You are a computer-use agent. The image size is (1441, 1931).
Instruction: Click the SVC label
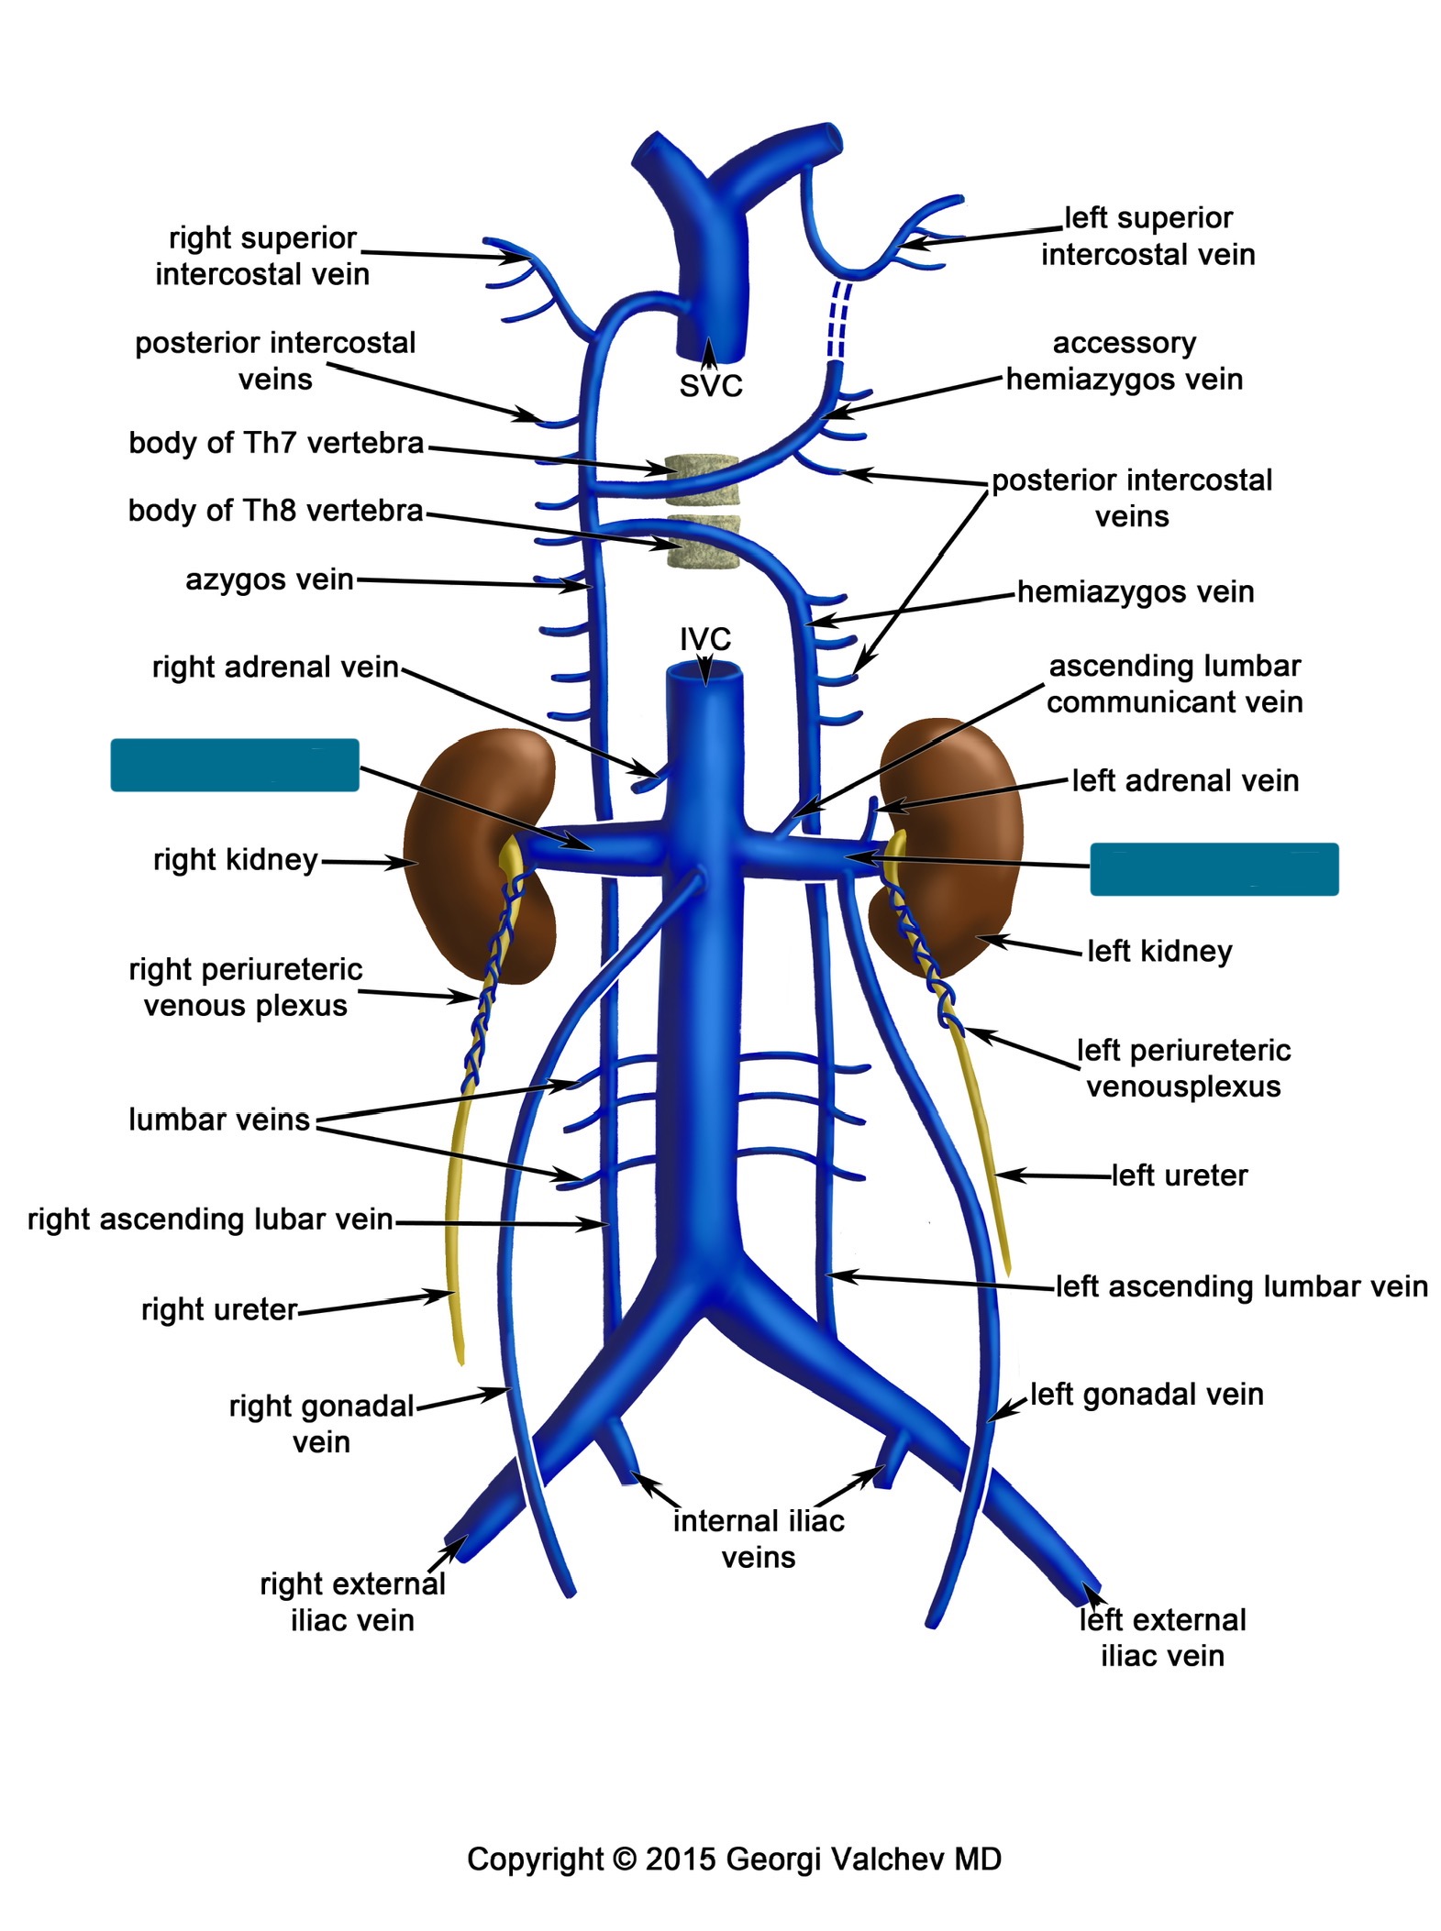tap(710, 386)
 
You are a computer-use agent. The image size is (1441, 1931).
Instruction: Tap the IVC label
tap(704, 638)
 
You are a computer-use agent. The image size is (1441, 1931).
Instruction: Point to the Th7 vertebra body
tap(702, 480)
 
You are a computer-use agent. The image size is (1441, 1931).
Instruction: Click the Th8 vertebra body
tap(703, 543)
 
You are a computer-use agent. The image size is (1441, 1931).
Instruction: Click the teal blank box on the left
tap(234, 765)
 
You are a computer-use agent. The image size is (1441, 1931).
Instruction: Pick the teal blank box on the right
tap(1213, 868)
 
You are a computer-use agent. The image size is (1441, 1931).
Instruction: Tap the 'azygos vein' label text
tap(269, 579)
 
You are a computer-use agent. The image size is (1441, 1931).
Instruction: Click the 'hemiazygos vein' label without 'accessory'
tap(1135, 591)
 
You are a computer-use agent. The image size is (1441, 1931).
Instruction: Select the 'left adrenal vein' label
tap(1184, 780)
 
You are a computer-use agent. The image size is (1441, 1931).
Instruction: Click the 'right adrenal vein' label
tap(274, 667)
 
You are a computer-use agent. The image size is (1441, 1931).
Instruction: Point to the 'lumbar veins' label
tap(218, 1120)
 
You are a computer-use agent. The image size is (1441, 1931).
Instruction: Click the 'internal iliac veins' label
tap(758, 1539)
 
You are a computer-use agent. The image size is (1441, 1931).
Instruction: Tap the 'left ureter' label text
tap(1179, 1175)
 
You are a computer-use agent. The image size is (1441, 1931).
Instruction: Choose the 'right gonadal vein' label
tap(321, 1423)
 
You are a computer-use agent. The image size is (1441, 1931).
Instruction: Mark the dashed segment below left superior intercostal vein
tap(838, 320)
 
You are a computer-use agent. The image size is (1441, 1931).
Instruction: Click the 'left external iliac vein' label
tap(1161, 1638)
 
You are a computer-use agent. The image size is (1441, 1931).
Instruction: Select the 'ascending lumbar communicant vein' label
tap(1174, 683)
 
